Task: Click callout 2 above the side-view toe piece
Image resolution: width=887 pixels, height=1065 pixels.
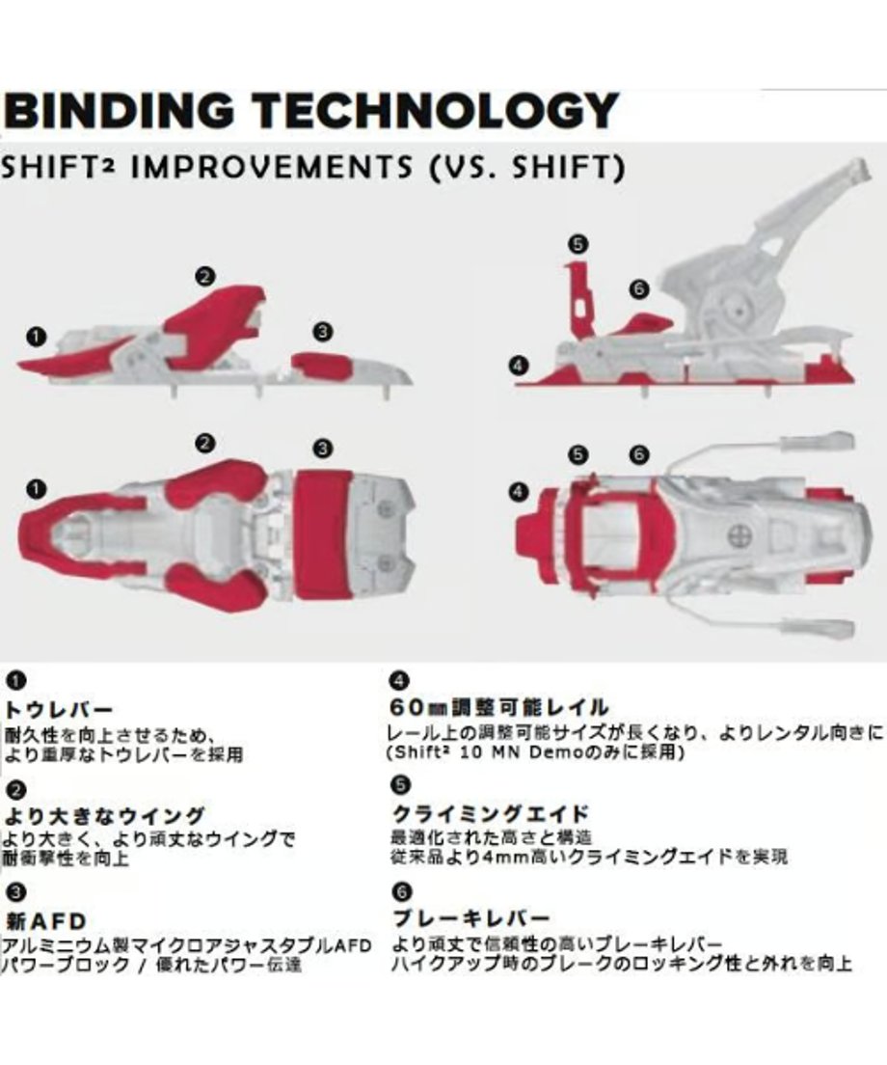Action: tap(205, 277)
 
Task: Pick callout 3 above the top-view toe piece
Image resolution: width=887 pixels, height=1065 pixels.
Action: tap(323, 449)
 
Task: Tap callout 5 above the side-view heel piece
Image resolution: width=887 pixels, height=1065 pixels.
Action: tap(578, 244)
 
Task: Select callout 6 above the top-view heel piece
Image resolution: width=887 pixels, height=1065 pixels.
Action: tap(639, 454)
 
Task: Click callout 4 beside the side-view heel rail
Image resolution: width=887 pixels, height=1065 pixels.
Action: tap(518, 366)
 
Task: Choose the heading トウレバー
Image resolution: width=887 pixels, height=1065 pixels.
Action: tap(59, 710)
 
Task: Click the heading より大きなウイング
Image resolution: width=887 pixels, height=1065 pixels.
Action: tap(104, 815)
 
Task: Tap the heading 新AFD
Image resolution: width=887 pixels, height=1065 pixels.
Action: tap(46, 921)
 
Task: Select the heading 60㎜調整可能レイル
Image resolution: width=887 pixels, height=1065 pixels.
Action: tap(499, 708)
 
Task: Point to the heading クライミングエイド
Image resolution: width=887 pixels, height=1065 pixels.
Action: tap(491, 813)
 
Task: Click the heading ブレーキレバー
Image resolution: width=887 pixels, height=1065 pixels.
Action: tap(471, 918)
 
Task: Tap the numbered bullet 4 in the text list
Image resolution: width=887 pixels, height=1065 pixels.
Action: tap(400, 680)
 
